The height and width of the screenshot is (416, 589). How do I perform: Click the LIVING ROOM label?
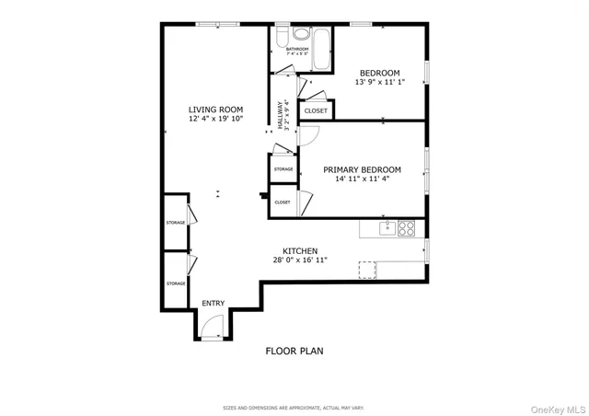216,110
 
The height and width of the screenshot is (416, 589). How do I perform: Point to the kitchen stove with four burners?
406,226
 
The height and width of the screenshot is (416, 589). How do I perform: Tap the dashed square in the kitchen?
368,269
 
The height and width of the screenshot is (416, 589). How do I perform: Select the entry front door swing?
212,324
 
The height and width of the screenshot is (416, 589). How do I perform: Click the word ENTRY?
213,303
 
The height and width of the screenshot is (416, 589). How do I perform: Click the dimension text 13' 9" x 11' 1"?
378,83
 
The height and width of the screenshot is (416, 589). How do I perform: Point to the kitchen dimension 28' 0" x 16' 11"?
300,260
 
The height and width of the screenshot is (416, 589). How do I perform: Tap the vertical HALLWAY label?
280,116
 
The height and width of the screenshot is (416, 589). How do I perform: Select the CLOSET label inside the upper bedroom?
316,111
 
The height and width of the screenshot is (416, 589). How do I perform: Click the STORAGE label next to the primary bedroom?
283,169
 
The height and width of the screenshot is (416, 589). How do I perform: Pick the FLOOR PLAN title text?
294,351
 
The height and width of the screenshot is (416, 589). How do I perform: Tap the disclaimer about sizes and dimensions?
294,406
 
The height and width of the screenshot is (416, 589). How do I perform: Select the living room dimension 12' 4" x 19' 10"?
216,120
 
